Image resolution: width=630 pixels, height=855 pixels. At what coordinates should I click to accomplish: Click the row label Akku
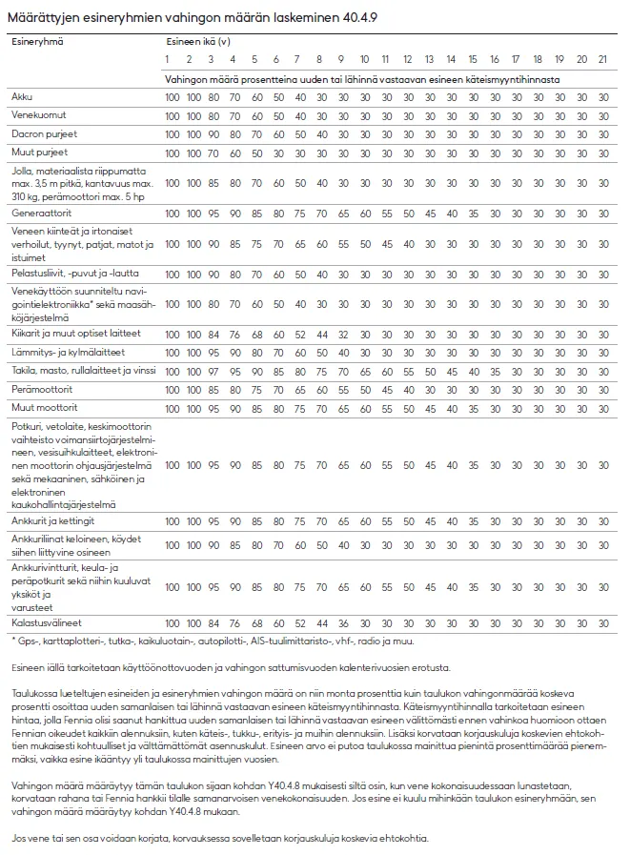coord(20,97)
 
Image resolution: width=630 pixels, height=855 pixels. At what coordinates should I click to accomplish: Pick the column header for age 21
coord(603,59)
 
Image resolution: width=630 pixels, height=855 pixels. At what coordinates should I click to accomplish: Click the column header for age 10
coord(366,59)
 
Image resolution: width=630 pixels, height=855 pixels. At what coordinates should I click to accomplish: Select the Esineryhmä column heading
coord(35,42)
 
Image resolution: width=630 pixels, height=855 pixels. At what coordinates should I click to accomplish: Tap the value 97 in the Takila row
coord(212,371)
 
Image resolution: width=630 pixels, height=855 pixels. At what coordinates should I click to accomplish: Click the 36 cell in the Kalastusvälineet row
coord(343,622)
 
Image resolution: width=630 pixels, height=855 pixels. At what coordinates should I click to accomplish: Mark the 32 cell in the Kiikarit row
coord(343,335)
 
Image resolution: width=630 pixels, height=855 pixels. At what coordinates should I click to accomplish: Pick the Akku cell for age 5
coord(256,97)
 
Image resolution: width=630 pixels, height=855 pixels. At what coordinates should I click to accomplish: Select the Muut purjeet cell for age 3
coord(212,152)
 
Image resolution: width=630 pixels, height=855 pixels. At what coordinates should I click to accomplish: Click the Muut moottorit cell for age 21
coord(603,407)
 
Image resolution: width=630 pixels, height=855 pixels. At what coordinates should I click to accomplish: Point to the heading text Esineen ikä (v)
coord(197,42)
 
